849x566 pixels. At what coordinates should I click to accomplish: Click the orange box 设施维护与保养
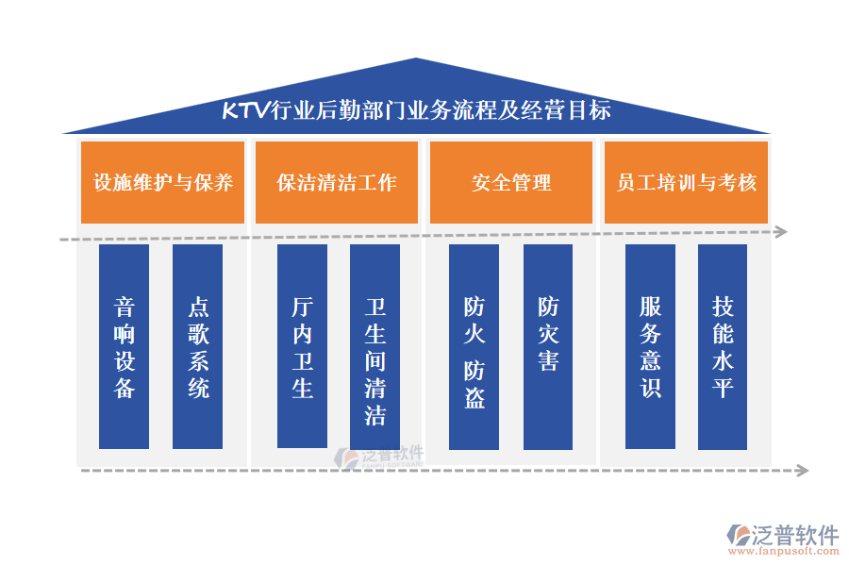(x=162, y=182)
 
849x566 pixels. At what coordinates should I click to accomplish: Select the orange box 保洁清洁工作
(x=337, y=182)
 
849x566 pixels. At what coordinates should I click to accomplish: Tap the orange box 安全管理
(x=511, y=182)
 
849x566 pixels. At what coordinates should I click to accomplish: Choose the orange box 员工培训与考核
(x=686, y=182)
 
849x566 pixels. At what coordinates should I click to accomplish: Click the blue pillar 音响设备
(x=124, y=346)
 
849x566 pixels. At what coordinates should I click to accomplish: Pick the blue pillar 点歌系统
(x=198, y=346)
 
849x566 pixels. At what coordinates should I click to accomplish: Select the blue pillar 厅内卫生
(x=302, y=346)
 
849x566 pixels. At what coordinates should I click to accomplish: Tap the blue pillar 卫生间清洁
(x=375, y=346)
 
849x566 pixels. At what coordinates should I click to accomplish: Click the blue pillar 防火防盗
(x=474, y=346)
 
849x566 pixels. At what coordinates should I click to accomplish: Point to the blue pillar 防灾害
(x=548, y=346)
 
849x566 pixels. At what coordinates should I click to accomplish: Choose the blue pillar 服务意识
(x=650, y=346)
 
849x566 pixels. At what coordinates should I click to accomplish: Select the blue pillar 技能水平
(x=723, y=346)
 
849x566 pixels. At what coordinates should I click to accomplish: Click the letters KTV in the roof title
(x=246, y=110)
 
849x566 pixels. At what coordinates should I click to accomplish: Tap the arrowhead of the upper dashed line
(x=781, y=232)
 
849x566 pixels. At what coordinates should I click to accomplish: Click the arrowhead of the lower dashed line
(x=803, y=470)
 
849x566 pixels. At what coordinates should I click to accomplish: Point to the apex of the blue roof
(x=416, y=58)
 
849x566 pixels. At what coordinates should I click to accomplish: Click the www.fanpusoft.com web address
(x=784, y=551)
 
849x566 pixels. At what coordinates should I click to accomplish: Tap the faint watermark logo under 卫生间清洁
(x=379, y=458)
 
